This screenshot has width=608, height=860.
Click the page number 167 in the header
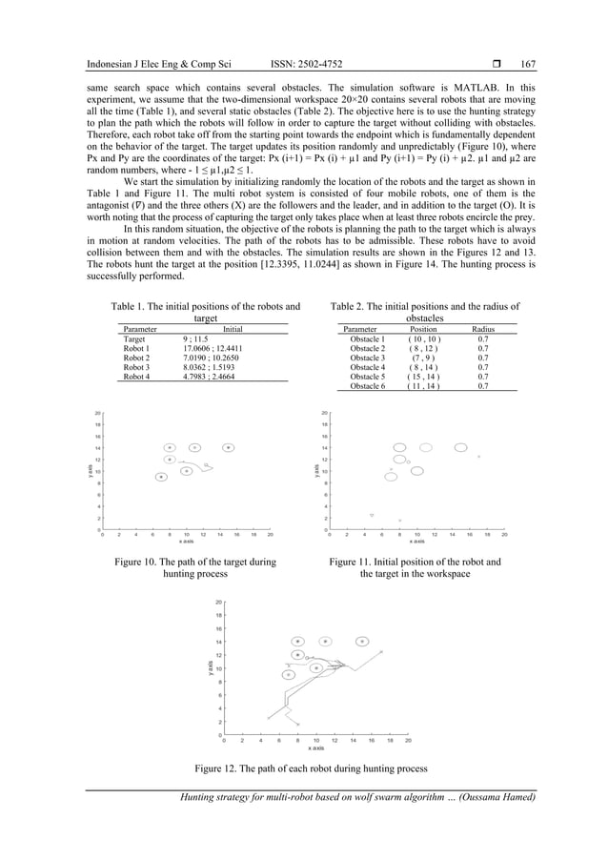(529, 65)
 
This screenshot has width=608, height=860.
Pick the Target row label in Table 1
(134, 338)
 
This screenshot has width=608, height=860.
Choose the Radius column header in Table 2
(482, 329)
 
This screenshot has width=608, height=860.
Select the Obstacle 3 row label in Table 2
(367, 358)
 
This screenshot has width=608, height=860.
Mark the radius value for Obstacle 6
(482, 386)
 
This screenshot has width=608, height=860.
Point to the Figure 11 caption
(415, 569)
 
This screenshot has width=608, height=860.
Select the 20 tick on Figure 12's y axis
(218, 603)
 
